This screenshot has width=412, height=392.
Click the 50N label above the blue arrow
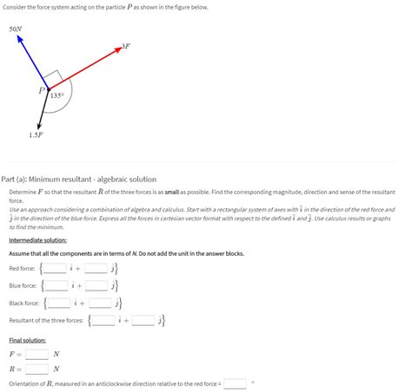tap(16, 29)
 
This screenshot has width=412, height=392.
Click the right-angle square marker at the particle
tap(54, 77)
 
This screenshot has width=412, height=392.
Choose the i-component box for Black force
tap(60, 303)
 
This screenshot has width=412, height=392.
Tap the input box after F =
tap(37, 354)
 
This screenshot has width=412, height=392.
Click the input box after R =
tap(37, 368)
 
